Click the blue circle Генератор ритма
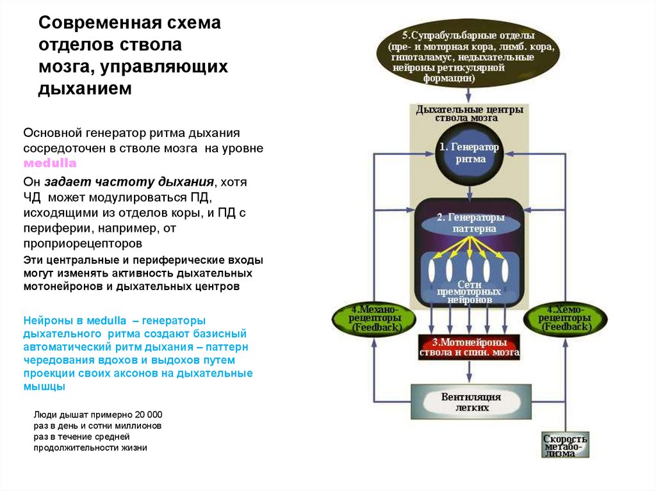coord(470,154)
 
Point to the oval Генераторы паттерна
coord(470,223)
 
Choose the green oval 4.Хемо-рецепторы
coord(566,318)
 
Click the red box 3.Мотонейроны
coord(470,346)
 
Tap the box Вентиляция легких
coord(470,402)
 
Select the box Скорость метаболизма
coord(565,446)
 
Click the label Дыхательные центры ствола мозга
coord(470,113)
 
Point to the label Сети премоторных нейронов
coord(470,291)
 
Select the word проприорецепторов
coord(83,244)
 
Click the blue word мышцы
coord(44,387)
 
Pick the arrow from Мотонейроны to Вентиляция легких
coord(470,371)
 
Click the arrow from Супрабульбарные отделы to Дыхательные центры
coord(470,93)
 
